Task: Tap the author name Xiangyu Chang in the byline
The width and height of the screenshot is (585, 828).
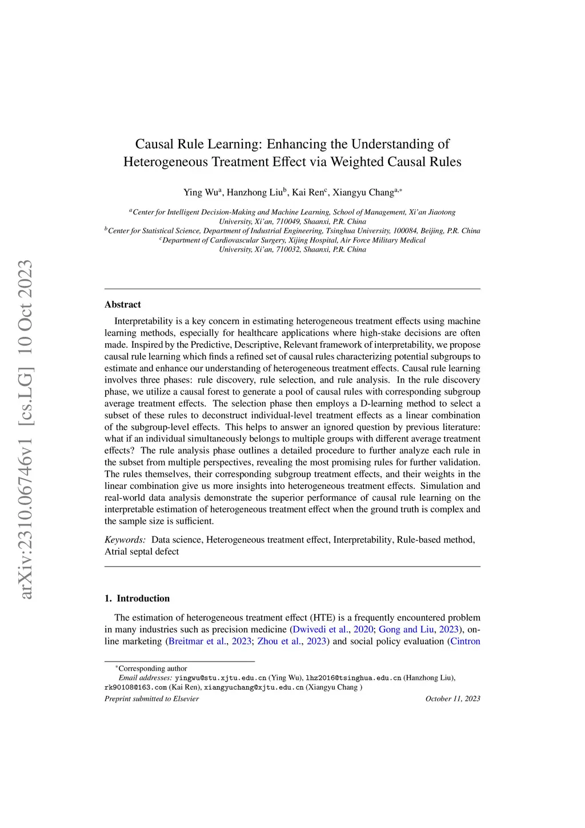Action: coord(363,193)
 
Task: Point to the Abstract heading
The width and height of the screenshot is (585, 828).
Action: coord(122,305)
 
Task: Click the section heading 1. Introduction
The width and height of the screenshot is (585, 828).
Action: coord(137,599)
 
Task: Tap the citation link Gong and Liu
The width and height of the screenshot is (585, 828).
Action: coord(406,630)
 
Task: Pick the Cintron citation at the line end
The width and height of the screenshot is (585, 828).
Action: coord(465,642)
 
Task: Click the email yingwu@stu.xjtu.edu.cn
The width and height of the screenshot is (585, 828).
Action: coord(221,678)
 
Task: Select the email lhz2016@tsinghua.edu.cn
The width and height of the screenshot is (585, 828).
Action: coord(354,678)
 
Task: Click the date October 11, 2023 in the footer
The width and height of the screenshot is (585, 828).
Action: coord(452,699)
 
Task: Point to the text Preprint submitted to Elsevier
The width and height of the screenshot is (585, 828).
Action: coord(151,699)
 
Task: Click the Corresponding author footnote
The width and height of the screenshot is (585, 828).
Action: coord(153,668)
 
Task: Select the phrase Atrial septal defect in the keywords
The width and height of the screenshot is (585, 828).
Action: coord(142,552)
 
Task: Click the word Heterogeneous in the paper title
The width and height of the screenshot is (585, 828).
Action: coord(166,162)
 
